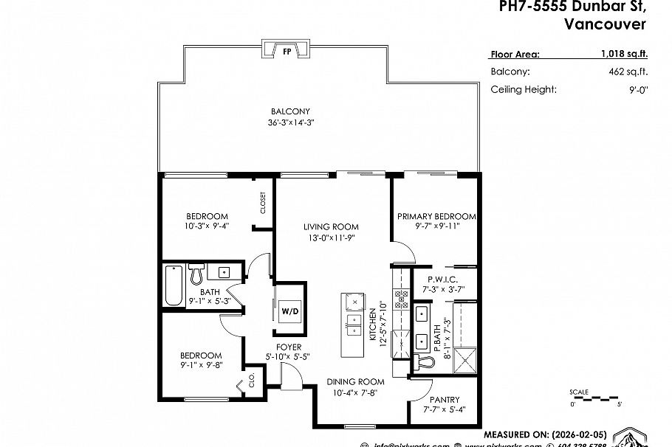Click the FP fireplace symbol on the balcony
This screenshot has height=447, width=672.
tap(287, 51)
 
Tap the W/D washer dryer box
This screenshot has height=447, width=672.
tap(289, 311)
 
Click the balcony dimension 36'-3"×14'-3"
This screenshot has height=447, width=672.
tap(295, 122)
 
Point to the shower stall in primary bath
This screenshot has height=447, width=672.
tap(467, 362)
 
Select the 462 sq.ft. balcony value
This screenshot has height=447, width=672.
tap(629, 72)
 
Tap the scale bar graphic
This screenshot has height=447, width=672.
tap(595, 398)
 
